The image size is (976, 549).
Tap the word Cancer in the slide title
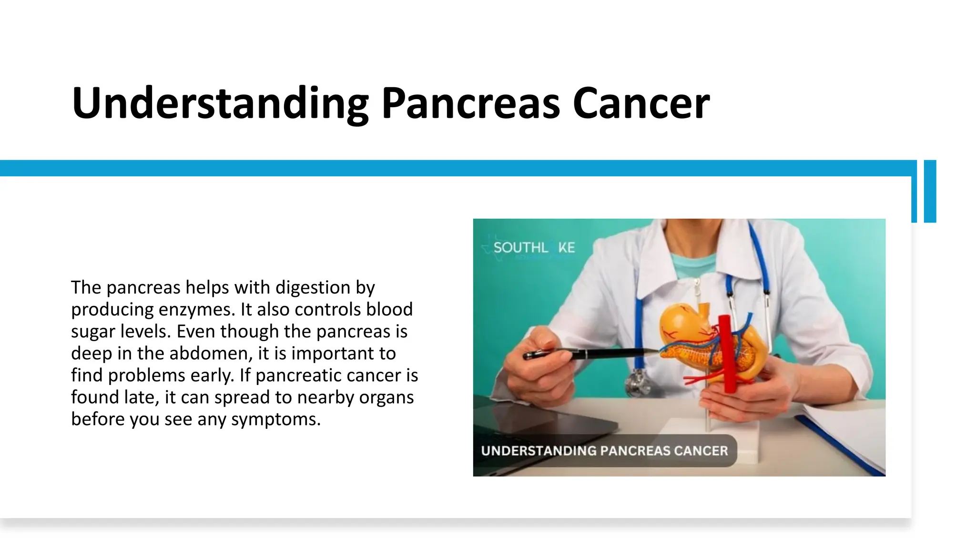click(x=641, y=103)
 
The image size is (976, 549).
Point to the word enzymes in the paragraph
click(x=197, y=310)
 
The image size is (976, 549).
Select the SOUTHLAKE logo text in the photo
click(x=534, y=248)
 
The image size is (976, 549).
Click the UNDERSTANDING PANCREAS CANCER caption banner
click(x=604, y=451)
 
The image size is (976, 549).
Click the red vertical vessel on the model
click(x=728, y=353)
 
